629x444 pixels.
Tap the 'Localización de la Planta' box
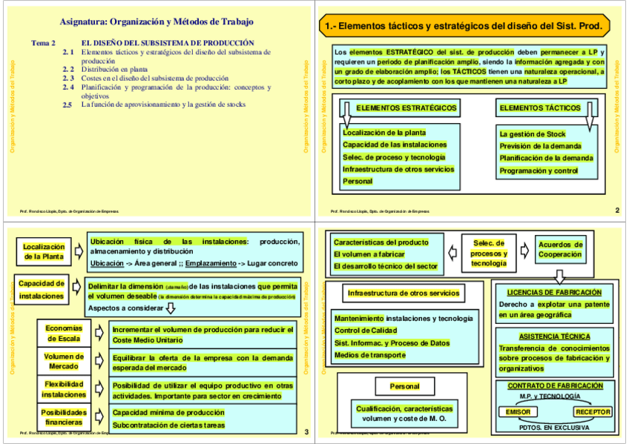click(x=43, y=252)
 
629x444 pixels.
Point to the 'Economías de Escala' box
click(x=64, y=334)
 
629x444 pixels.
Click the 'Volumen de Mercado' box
click(x=64, y=361)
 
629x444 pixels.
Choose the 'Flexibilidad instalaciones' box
click(x=64, y=389)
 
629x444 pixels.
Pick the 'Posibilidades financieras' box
click(x=64, y=417)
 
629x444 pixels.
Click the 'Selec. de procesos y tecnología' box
click(x=489, y=253)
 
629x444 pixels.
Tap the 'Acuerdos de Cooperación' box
click(x=560, y=249)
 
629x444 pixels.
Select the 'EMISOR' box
click(x=518, y=412)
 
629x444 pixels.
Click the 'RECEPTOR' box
click(x=593, y=412)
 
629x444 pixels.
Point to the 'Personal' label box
click(x=405, y=386)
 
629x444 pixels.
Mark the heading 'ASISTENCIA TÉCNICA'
click(x=555, y=336)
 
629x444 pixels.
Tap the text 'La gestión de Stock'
click(x=533, y=134)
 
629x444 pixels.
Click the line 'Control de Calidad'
click(x=366, y=331)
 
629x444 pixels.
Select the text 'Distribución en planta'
click(x=114, y=69)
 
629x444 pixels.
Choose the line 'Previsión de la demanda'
click(x=541, y=146)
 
